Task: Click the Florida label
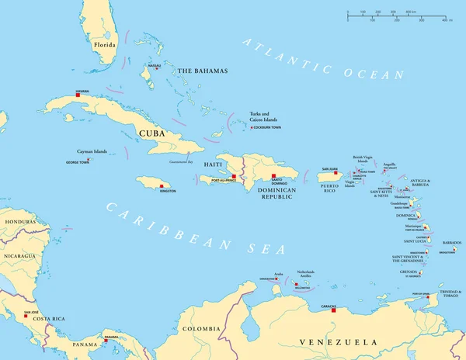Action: (x=104, y=45)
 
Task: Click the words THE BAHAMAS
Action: (x=203, y=71)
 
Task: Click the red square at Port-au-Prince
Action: (x=233, y=177)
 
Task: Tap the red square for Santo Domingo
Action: (x=273, y=175)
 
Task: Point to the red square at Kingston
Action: (x=162, y=186)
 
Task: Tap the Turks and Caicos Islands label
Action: (x=263, y=117)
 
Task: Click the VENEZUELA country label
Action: (x=338, y=341)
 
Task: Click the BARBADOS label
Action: (x=451, y=243)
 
